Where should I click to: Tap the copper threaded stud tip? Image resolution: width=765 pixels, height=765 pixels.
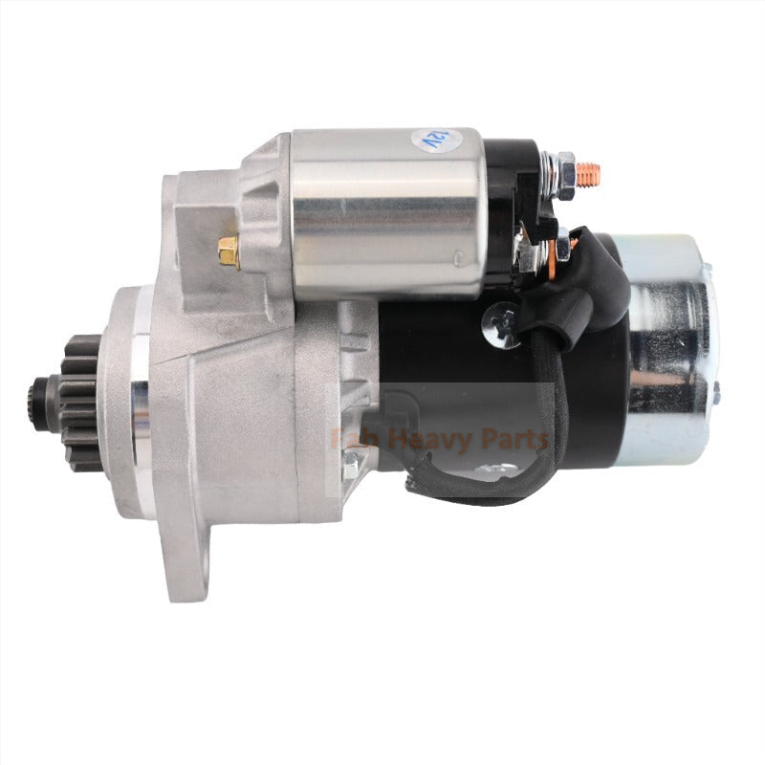[x=590, y=174]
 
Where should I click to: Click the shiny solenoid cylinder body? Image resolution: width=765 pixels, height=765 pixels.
[x=382, y=215]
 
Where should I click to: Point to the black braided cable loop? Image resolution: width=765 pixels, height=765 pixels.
[x=535, y=449]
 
